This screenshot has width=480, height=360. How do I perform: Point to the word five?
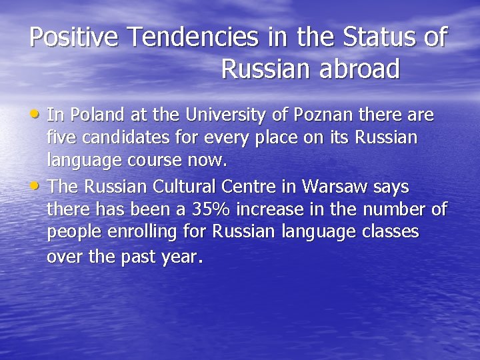[x=61, y=138]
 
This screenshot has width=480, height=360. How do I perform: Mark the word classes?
[x=393, y=232]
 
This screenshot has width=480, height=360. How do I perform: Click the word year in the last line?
[x=179, y=257]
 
